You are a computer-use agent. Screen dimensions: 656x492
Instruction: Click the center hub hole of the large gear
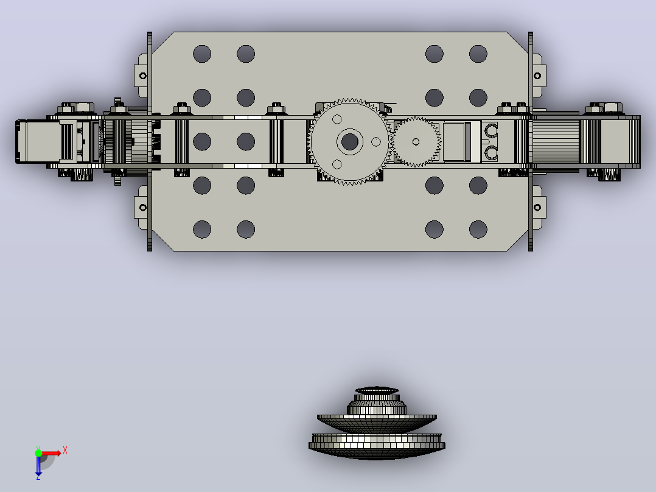(350, 142)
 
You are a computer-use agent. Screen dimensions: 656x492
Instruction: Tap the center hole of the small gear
(416, 142)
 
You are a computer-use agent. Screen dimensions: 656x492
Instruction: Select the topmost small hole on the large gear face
(337, 120)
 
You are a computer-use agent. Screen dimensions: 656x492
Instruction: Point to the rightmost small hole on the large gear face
(376, 142)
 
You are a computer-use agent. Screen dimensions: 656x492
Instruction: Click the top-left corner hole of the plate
(202, 54)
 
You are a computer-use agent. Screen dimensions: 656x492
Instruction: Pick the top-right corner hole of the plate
(478, 54)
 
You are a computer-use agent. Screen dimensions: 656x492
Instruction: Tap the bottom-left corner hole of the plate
(202, 230)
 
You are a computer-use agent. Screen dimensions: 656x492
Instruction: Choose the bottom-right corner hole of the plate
(478, 230)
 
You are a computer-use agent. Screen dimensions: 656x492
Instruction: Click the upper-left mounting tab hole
(142, 76)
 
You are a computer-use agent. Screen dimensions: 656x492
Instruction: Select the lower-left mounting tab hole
(142, 207)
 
